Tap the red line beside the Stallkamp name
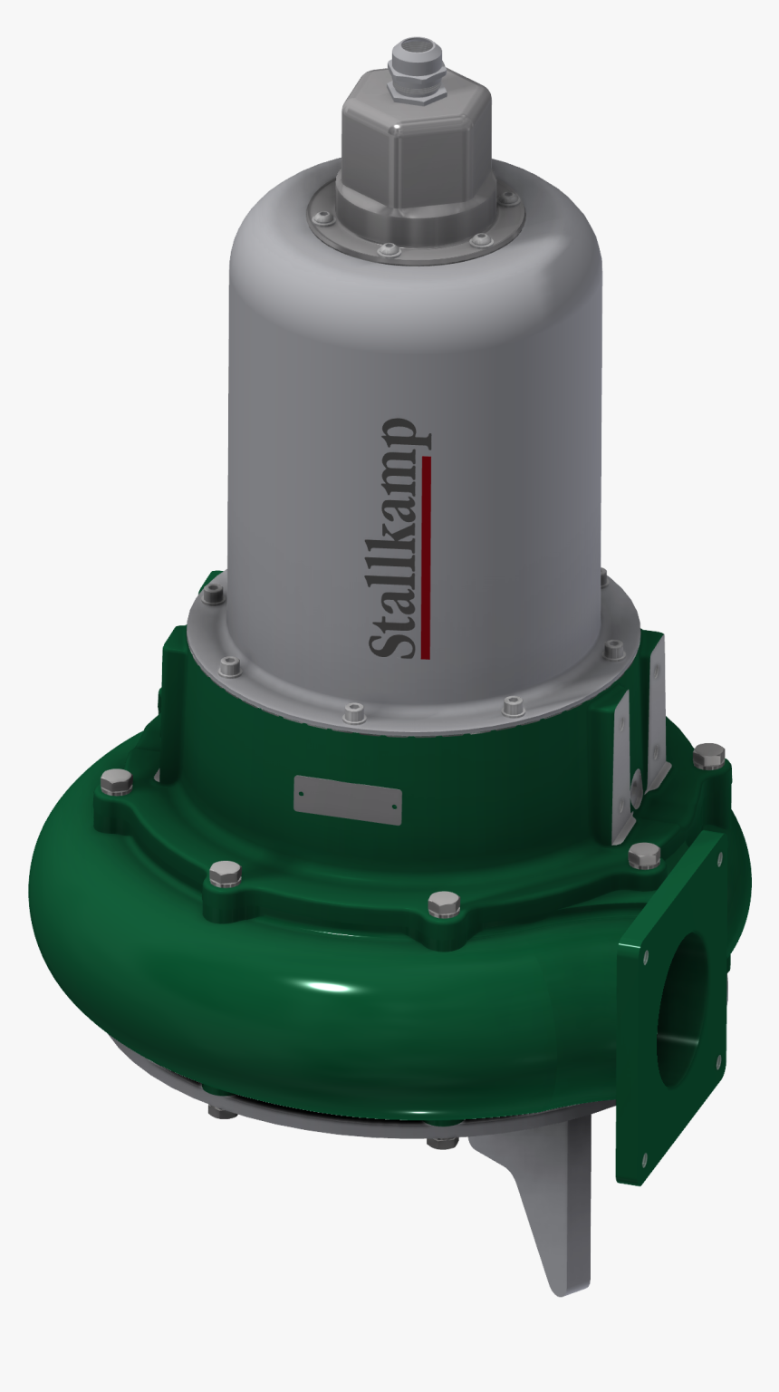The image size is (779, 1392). coord(427,557)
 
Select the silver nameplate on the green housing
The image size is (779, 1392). coord(348,798)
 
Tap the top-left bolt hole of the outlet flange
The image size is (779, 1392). coord(646,956)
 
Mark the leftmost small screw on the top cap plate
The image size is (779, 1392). coord(318,217)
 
